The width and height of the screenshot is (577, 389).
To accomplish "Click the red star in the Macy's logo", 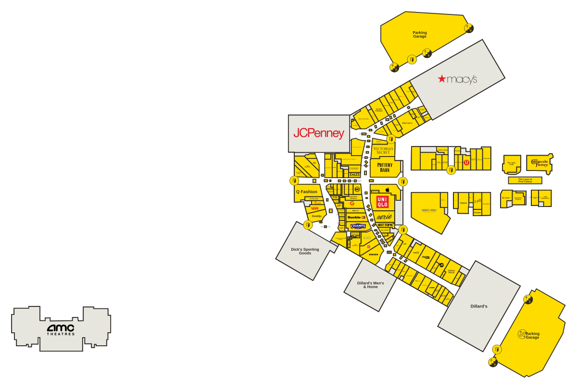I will [x=442, y=79].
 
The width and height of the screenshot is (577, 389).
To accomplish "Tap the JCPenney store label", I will [x=319, y=134].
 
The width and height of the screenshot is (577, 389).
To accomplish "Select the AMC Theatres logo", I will [x=61, y=329].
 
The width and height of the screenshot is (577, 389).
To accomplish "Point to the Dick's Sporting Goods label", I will [x=305, y=251].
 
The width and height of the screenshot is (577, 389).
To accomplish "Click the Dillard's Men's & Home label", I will [x=370, y=285].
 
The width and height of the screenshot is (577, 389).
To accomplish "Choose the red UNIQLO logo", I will [x=382, y=202].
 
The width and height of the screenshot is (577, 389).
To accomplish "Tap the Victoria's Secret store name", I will [x=383, y=150].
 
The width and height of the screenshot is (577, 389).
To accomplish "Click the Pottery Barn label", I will [x=385, y=168].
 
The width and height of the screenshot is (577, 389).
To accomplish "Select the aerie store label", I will [x=384, y=217].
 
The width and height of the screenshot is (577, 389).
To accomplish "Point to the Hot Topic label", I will [x=385, y=225].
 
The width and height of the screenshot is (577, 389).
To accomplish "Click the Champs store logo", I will [x=358, y=226].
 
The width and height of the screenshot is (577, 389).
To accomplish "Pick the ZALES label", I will [x=354, y=174].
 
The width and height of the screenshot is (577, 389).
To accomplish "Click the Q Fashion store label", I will [x=306, y=192].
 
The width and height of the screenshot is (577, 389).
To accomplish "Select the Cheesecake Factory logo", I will [x=539, y=163].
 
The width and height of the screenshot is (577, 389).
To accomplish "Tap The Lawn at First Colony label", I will [x=525, y=180].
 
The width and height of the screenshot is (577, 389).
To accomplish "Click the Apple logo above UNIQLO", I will [x=386, y=190].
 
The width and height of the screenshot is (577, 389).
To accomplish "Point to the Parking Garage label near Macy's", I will [x=420, y=34].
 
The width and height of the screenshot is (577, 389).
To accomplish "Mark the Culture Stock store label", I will [x=451, y=272].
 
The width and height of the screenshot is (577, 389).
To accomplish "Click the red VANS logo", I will [x=315, y=208].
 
